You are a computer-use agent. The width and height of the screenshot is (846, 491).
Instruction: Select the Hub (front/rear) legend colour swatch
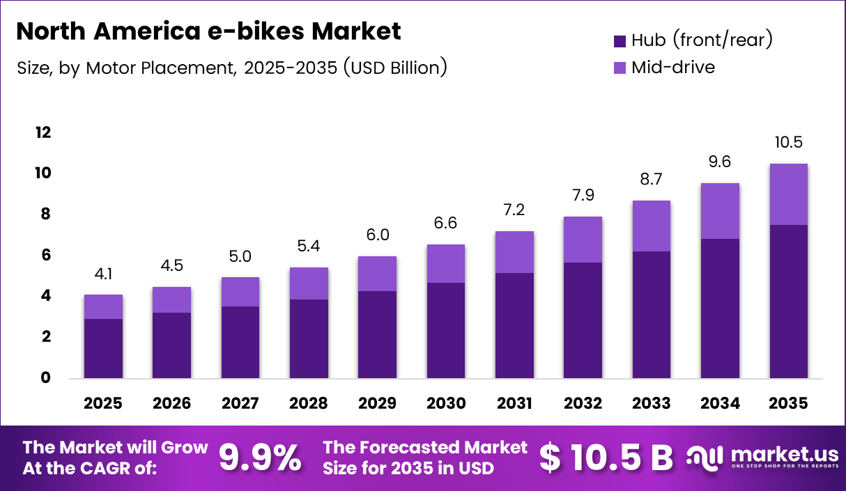[x=620, y=41]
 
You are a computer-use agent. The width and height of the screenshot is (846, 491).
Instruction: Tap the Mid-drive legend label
[x=672, y=68]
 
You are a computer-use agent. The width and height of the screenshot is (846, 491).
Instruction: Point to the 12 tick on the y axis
[x=43, y=132]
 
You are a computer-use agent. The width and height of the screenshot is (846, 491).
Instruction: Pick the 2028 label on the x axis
[x=309, y=403]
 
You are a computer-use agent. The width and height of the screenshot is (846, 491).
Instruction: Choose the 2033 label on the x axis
[x=652, y=403]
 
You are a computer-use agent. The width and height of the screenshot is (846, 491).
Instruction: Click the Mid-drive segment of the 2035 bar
[x=789, y=194]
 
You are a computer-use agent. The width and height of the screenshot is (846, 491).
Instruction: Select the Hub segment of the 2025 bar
[x=103, y=348]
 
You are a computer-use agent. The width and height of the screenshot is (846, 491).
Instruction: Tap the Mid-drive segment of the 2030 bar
[x=446, y=263]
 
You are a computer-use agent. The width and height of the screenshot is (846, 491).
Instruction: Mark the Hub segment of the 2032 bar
[x=583, y=320]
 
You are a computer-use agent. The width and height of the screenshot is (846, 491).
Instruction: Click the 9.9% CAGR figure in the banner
[x=260, y=458]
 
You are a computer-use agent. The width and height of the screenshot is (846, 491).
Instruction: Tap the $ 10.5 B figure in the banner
[x=606, y=458]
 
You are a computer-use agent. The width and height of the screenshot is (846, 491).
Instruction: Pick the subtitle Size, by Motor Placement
[x=231, y=68]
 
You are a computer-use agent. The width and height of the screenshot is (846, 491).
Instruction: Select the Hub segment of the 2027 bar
[x=240, y=342]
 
